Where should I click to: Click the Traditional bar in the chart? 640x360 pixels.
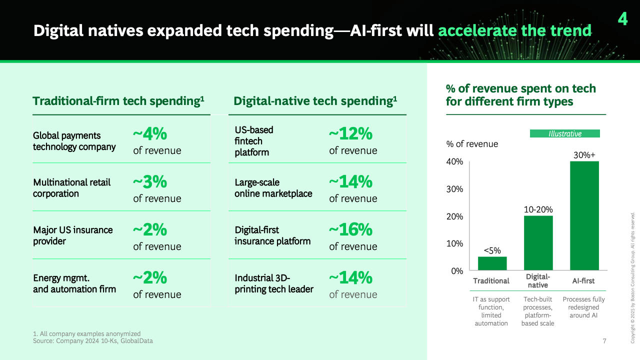492,263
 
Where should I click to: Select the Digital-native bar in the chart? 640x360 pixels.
538,243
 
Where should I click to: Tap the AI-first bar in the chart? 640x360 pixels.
584,215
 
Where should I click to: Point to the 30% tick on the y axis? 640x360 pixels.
454,189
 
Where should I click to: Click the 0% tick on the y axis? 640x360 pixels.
457,271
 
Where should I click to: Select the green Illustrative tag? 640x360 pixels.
565,133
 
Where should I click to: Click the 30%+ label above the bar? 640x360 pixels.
584,155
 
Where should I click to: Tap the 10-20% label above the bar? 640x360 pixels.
538,209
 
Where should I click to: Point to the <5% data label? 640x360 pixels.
492,250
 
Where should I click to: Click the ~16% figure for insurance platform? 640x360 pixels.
350,229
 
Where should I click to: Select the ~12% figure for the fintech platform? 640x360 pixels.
350,133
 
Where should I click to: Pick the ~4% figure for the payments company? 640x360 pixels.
150,133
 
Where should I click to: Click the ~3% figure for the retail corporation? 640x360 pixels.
150,181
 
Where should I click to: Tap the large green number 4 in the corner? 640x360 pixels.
622,19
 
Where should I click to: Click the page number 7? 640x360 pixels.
604,341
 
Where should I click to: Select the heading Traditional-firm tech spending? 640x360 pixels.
118,101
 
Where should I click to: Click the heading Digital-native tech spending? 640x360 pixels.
315,101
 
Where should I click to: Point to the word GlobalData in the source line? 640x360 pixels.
136,341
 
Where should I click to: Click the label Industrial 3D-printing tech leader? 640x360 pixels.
274,283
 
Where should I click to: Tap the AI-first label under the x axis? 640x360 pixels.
583,281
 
